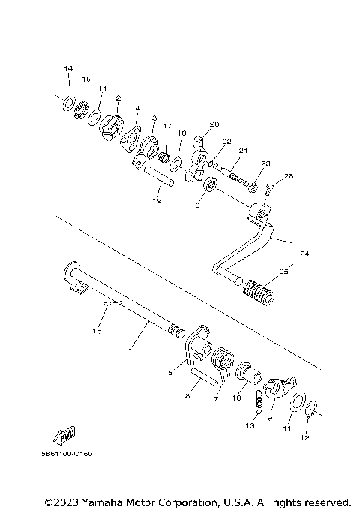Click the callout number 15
coord(86,79)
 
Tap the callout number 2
coord(118,97)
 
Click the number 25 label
coord(283,271)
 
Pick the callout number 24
coord(303,253)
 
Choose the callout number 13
coord(250,426)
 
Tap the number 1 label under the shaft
coord(131,350)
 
